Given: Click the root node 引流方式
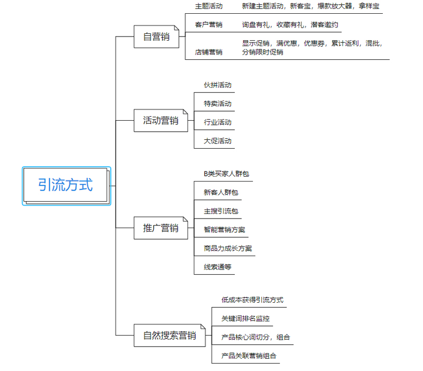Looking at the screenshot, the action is [x=67, y=186].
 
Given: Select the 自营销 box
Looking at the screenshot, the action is [x=157, y=37].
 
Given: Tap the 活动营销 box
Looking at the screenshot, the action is [x=161, y=121].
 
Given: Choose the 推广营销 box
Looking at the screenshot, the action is [x=161, y=228].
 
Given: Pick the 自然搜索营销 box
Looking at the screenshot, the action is [x=170, y=336].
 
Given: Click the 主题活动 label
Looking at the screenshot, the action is [x=209, y=6].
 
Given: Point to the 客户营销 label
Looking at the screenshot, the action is [x=209, y=25].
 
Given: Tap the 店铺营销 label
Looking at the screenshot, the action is [x=209, y=52].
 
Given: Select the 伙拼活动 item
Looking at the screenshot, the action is [x=218, y=85].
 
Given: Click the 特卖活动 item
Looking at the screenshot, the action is [x=218, y=104].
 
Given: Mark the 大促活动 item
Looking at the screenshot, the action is [x=218, y=141].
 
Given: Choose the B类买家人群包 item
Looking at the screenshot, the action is [x=226, y=174].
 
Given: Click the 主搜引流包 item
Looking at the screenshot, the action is [x=221, y=211].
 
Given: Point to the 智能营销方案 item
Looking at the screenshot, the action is [x=224, y=230].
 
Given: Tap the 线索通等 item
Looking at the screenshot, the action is [x=218, y=267].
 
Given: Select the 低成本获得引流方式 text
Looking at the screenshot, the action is [x=253, y=300].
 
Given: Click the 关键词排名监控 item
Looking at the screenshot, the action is [x=245, y=319].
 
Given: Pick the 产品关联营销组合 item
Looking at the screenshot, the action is [x=249, y=356].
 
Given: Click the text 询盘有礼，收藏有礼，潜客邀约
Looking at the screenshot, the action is [x=290, y=25].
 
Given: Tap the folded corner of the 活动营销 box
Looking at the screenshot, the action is [x=186, y=111].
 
